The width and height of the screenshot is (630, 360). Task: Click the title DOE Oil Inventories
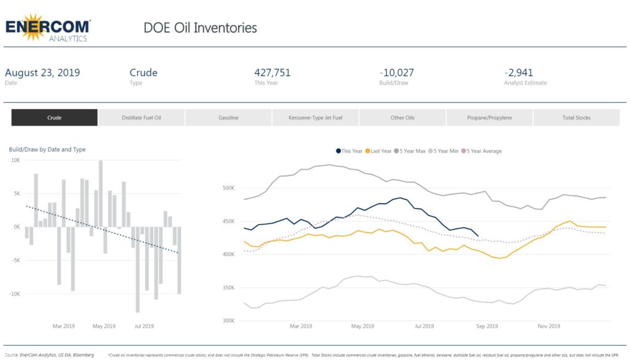point(200,28)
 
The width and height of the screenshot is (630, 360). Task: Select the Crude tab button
point(54,118)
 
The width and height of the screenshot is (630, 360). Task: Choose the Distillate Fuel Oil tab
point(142,118)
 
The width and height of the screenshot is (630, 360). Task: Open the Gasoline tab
point(228,118)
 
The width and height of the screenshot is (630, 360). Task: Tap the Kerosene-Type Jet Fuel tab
point(315,118)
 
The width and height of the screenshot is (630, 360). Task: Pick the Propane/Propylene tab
point(489,118)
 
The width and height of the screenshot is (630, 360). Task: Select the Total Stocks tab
point(576,118)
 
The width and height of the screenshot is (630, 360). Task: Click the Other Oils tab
point(402,118)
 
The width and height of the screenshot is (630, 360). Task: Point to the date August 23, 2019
point(42,73)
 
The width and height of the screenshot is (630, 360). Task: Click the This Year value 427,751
point(272,73)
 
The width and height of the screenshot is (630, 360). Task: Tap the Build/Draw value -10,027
point(397,73)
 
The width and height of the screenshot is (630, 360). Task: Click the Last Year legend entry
point(378,151)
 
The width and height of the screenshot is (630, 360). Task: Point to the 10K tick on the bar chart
point(15,160)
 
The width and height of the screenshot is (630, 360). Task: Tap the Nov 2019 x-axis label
point(548,326)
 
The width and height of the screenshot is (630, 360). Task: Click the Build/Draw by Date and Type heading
point(47,150)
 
